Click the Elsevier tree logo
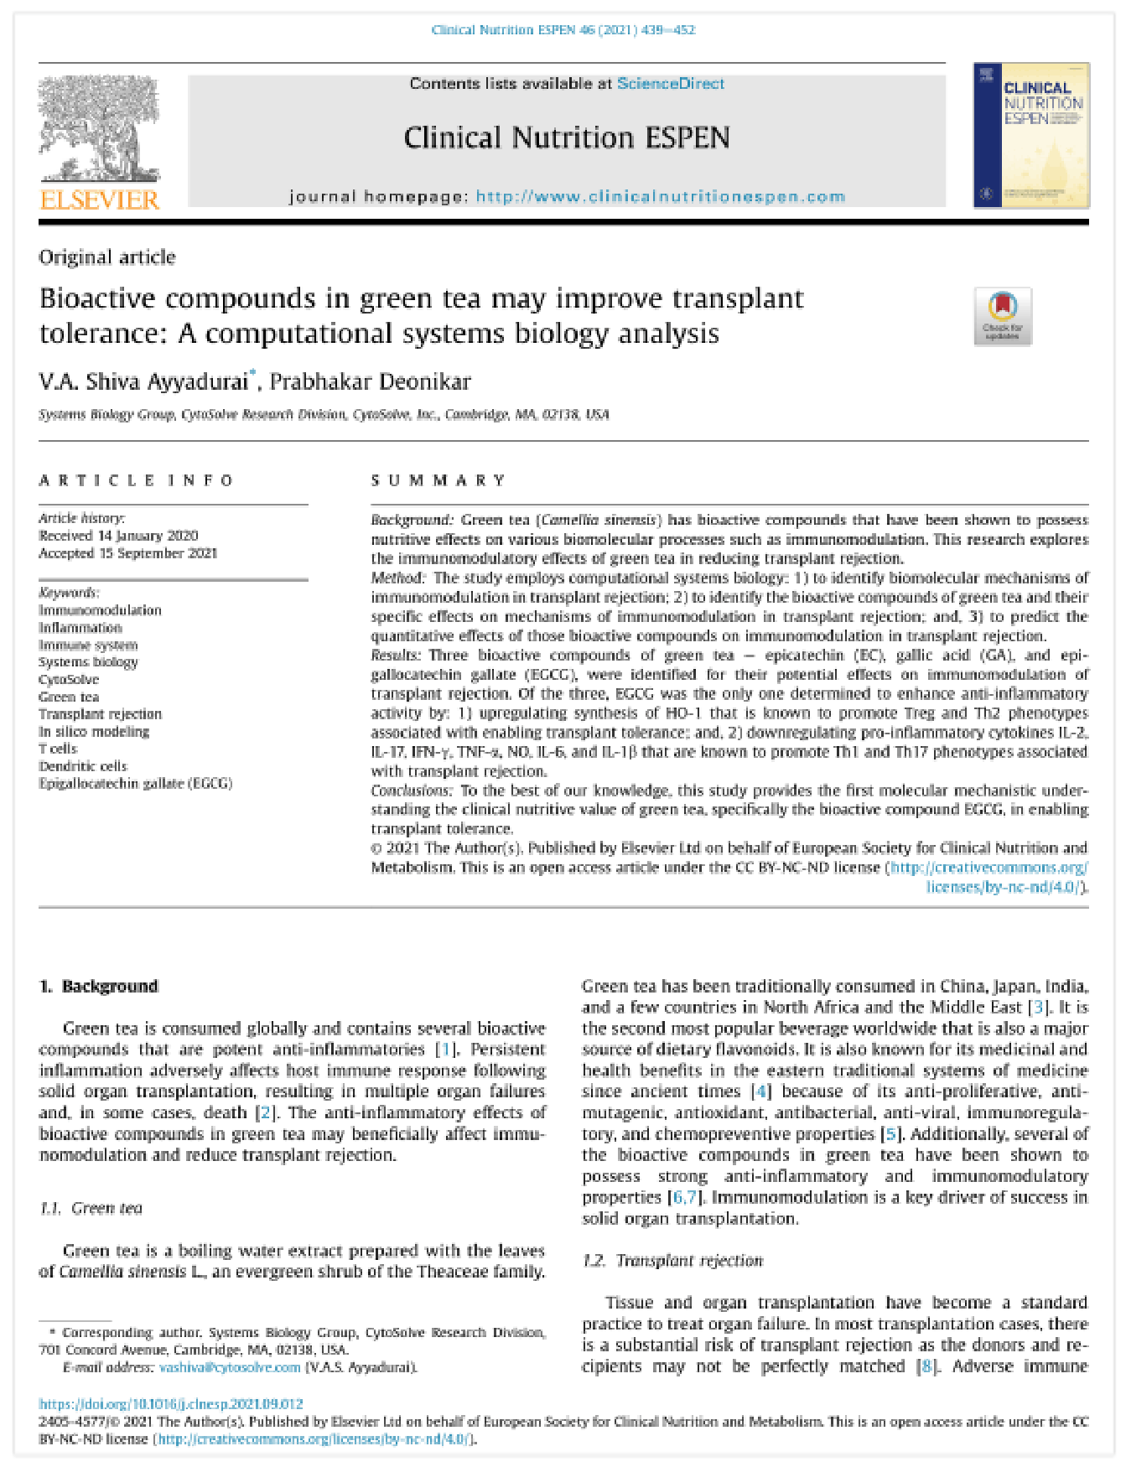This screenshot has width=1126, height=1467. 99,130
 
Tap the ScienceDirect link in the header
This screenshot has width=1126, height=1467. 671,84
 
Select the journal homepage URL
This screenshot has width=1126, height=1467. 661,197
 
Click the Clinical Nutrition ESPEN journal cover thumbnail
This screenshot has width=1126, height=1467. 1030,135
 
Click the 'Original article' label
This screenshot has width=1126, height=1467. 107,257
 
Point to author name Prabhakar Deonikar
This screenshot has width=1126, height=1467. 370,382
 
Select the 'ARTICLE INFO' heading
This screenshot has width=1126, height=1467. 136,480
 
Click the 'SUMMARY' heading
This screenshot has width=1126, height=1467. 438,480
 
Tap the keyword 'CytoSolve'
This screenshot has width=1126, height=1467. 69,680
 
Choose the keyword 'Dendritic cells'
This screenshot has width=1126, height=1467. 83,766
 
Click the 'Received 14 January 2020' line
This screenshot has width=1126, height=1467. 118,536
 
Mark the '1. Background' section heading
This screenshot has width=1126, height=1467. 99,987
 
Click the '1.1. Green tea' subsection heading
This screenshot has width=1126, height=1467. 91,1208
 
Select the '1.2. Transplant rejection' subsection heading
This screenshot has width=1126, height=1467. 672,1261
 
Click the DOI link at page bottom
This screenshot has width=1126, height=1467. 171,1403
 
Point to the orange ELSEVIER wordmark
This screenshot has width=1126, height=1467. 100,200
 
